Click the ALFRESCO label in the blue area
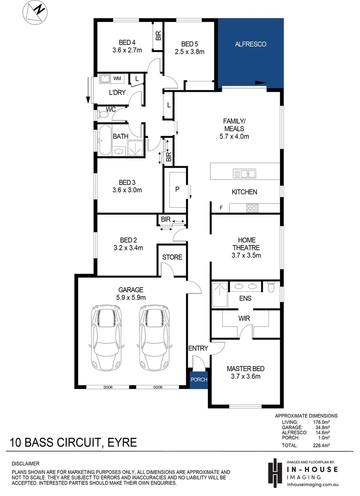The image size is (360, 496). click(250, 45)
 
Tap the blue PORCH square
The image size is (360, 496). click(199, 380)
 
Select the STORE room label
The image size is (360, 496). click(172, 257)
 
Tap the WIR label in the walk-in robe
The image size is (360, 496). click(243, 318)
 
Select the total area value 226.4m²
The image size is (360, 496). click(321, 445)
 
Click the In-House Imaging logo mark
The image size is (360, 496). click(274, 472)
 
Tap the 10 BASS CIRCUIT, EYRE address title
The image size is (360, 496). click(73, 443)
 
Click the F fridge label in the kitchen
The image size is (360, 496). click(221, 208)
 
